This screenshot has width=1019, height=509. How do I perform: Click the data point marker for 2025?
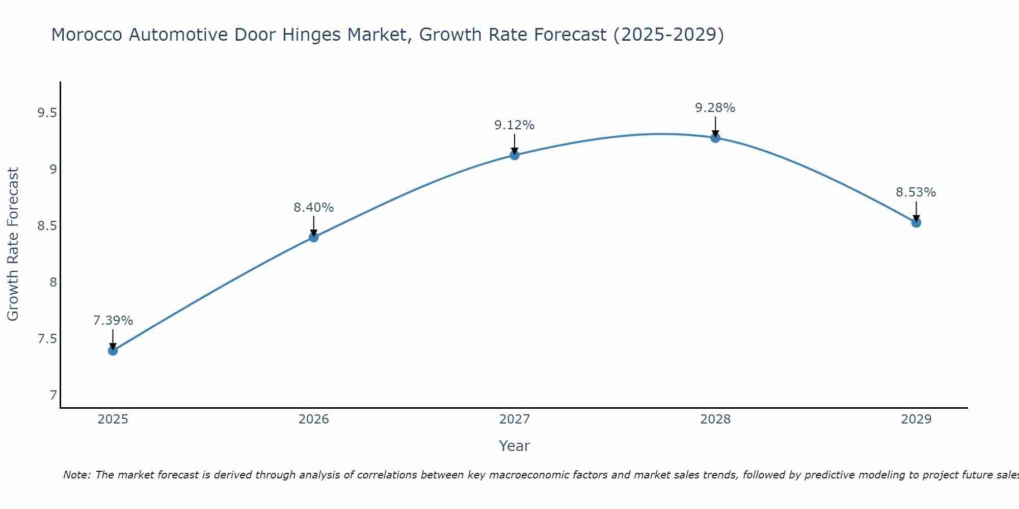pos(113,351)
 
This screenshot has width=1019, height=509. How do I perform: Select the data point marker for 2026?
pos(314,237)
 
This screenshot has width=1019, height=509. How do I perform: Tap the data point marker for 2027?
pos(515,155)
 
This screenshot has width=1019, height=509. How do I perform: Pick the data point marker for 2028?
pos(715,138)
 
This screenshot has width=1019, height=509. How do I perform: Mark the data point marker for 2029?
pos(916,222)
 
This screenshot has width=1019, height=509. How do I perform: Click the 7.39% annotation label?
pos(113,321)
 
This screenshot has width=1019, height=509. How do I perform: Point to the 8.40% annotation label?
pos(314,208)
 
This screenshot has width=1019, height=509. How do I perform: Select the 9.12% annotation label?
pos(515,125)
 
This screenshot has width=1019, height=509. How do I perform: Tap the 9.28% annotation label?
pos(715,108)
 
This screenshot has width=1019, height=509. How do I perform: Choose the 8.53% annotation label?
pos(916,192)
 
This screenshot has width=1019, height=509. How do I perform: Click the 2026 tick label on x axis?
pos(314,419)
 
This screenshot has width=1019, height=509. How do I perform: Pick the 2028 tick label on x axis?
pos(715,419)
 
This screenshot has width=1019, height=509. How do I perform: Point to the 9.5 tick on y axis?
pos(47,113)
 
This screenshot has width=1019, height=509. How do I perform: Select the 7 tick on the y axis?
pos(53,395)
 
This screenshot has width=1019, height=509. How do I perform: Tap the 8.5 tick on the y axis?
pos(47,226)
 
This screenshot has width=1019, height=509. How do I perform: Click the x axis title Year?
pos(515,446)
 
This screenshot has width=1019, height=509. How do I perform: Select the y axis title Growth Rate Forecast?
pos(13,244)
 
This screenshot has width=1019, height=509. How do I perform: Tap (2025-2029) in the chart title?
pos(668,35)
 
